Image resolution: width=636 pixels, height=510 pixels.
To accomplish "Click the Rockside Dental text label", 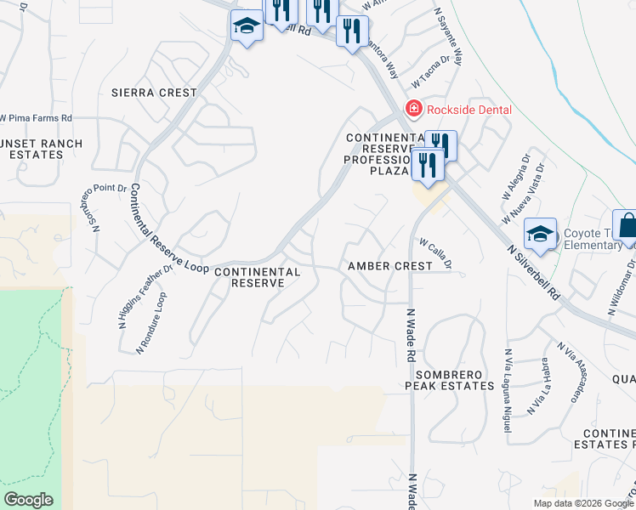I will pyautogui.click(x=468, y=110).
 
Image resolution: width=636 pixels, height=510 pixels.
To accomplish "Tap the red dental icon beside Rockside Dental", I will pyautogui.click(x=413, y=109).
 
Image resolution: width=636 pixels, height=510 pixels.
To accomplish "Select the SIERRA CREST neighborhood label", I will pyautogui.click(x=154, y=93).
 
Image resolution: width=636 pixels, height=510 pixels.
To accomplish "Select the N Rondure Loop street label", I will pyautogui.click(x=152, y=324).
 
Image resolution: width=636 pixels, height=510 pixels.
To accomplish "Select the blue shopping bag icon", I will pyautogui.click(x=627, y=227).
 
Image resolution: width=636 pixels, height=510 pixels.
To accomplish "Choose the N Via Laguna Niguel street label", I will pyautogui.click(x=508, y=391).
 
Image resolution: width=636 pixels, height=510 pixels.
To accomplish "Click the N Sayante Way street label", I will pyautogui.click(x=448, y=38).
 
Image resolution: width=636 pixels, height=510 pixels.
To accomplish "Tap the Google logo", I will pyautogui.click(x=28, y=500).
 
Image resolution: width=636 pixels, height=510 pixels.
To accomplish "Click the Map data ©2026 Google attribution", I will pyautogui.click(x=582, y=503).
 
